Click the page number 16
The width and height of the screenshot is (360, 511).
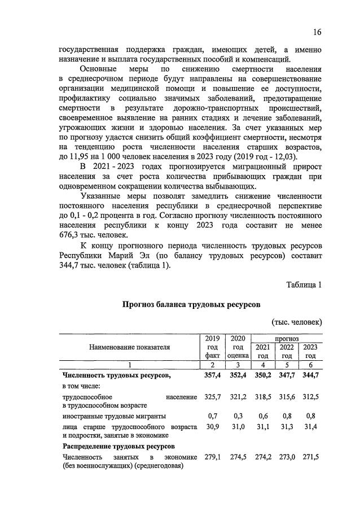[x=317, y=32]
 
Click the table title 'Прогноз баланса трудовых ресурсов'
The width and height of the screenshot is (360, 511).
[x=191, y=304]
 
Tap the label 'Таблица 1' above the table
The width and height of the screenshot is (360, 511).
[x=304, y=285]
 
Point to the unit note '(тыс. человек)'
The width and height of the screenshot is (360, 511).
[x=297, y=322]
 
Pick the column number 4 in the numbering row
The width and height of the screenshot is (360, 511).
[x=262, y=365]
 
